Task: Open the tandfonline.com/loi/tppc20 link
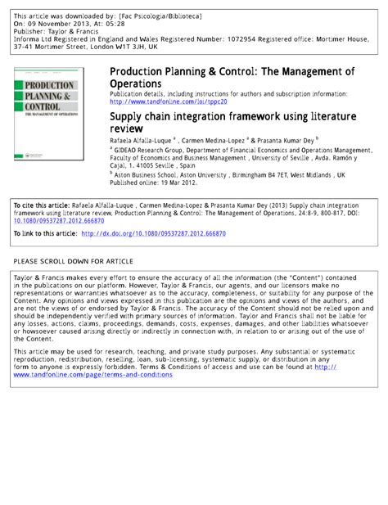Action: (x=166, y=102)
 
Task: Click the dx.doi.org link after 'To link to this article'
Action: (x=158, y=233)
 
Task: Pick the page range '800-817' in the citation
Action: (x=323, y=211)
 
